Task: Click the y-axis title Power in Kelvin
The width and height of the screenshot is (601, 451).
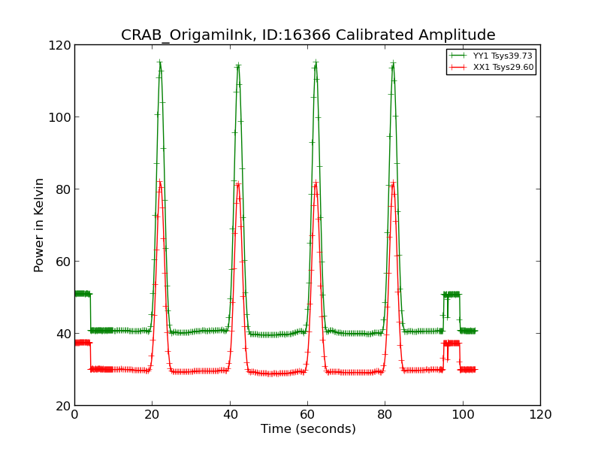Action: (x=39, y=225)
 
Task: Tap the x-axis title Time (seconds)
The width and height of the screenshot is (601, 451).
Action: (x=308, y=429)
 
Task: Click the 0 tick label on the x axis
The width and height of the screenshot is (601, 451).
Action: (x=74, y=414)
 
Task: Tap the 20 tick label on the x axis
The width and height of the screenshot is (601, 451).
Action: (x=152, y=414)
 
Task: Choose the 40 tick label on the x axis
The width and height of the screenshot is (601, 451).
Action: (x=230, y=414)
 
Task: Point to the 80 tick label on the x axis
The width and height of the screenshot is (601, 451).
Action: (x=385, y=414)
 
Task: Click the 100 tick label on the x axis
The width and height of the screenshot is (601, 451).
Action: (x=463, y=414)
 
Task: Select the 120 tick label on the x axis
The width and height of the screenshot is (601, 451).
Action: (x=540, y=414)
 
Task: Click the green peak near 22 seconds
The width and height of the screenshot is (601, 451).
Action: (x=160, y=62)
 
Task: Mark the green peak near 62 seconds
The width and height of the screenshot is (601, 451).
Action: (x=316, y=62)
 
